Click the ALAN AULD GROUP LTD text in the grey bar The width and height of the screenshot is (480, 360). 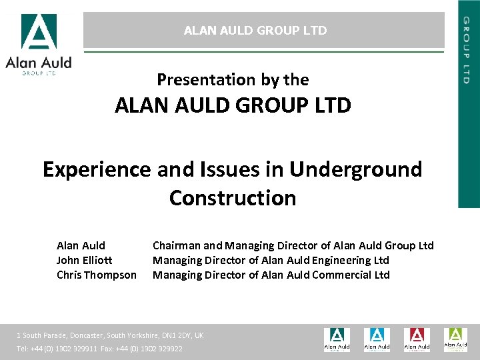point(255,31)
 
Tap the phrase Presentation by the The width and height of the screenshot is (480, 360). point(233,80)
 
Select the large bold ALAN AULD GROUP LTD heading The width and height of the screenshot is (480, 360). point(233,106)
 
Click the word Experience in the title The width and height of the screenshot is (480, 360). point(97,170)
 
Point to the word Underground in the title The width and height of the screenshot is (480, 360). point(356,170)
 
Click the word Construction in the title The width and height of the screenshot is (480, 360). point(233,198)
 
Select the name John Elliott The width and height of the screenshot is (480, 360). point(84,260)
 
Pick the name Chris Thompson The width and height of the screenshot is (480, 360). point(96,275)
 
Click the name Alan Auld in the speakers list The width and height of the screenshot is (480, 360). point(81,245)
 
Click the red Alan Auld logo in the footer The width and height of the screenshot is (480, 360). point(417,339)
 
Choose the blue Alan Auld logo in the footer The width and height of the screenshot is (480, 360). point(377,339)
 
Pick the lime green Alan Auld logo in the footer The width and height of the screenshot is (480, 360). point(456,339)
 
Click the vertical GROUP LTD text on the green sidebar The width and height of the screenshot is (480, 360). point(468,50)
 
